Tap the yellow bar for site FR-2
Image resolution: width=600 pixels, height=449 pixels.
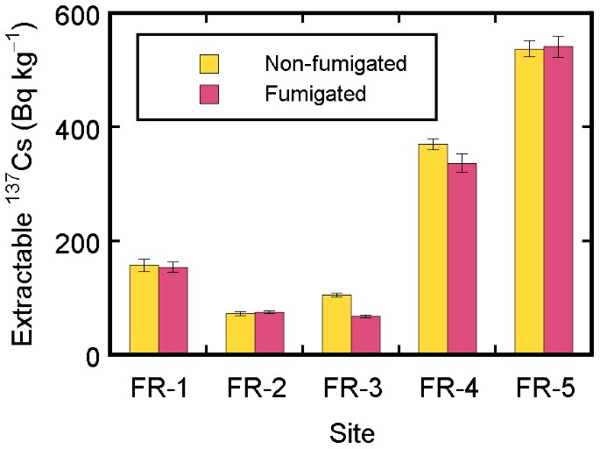point(241,334)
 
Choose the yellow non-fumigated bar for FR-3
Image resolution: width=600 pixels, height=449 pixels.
point(337,324)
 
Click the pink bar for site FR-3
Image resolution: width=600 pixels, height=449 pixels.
point(366,336)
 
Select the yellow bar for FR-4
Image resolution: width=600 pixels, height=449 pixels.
point(434,249)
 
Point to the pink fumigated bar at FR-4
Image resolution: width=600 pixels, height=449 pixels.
point(462,259)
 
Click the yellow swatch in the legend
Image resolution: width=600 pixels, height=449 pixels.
point(209,64)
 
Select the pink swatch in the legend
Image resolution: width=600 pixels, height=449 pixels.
point(209,93)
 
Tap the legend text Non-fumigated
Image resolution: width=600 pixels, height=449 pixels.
point(324,64)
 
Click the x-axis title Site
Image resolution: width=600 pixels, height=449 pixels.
point(352,431)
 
